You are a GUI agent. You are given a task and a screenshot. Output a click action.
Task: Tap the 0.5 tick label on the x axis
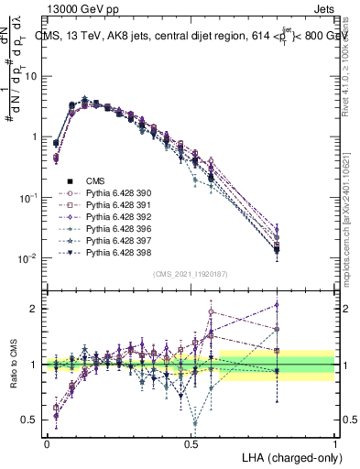pos(191,442)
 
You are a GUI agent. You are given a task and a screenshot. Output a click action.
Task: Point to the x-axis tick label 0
pos(47,442)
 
